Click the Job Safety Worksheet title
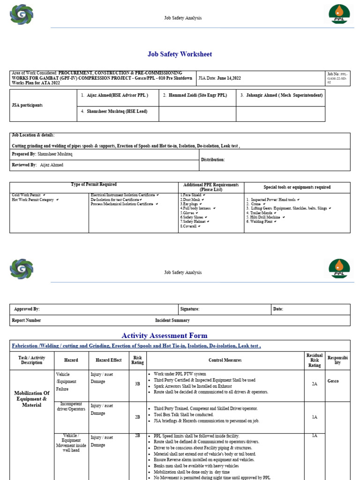click(x=180, y=54)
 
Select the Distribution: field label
click(x=213, y=160)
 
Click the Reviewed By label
click(x=24, y=165)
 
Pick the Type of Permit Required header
click(x=94, y=185)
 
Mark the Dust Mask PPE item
click(x=190, y=200)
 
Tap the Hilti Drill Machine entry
click(x=265, y=217)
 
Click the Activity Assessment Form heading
click(x=164, y=336)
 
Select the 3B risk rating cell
click(x=137, y=383)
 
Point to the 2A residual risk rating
click(x=315, y=383)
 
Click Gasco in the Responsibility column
click(x=333, y=381)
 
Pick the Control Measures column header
click(x=225, y=360)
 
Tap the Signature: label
click(x=190, y=309)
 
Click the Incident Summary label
click(x=172, y=321)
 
